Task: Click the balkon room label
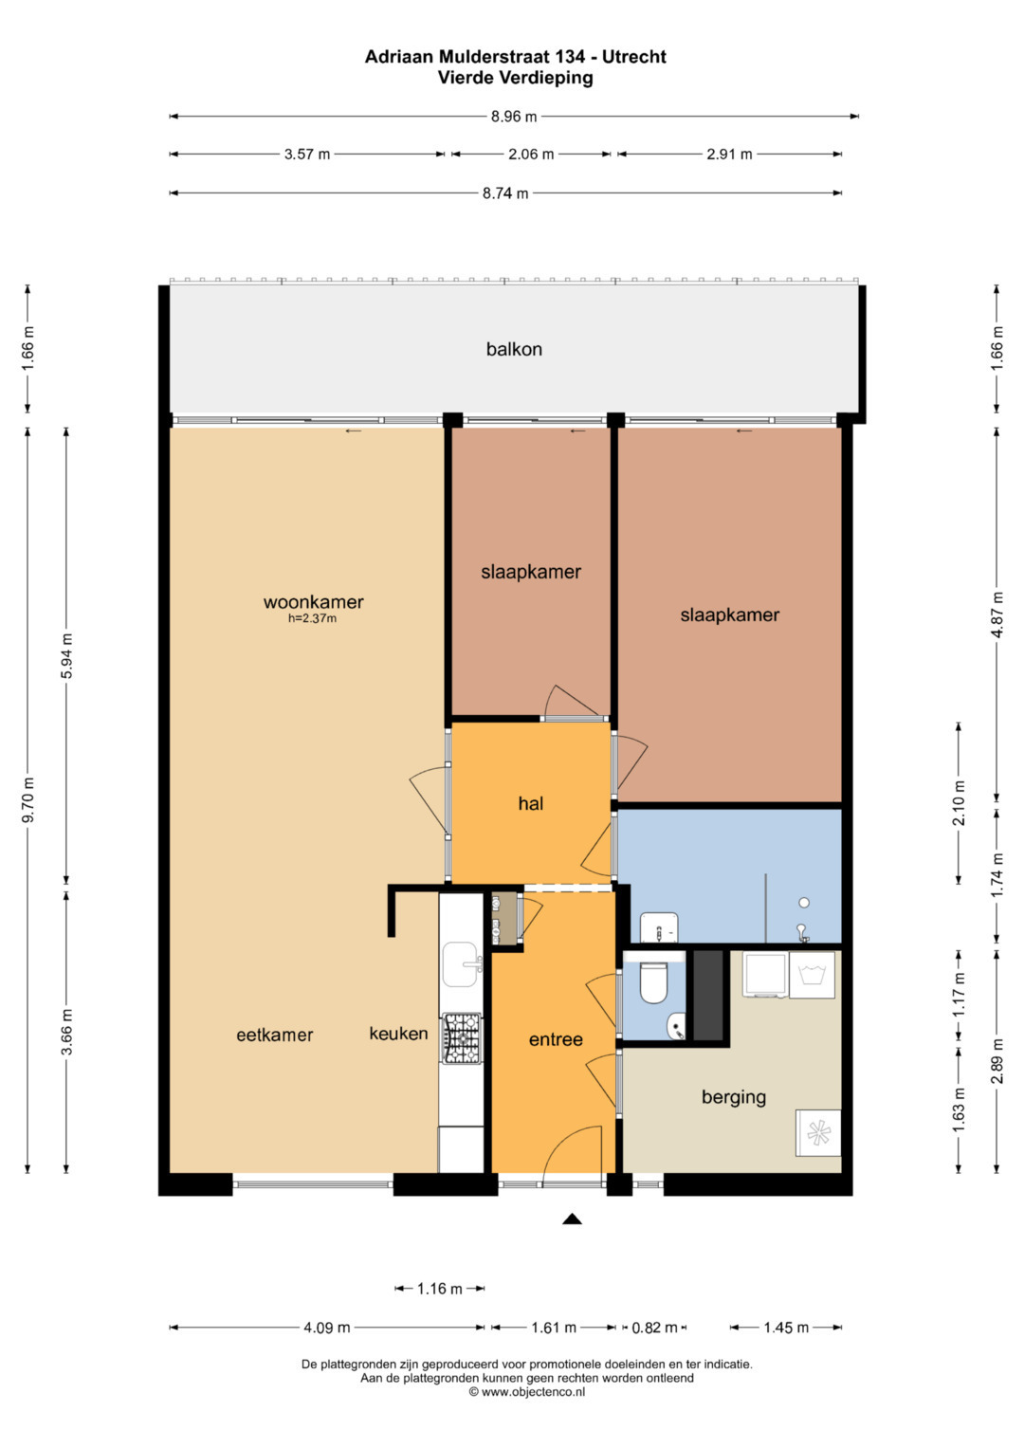[x=514, y=349]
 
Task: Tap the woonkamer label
[x=314, y=602]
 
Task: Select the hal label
[x=531, y=803]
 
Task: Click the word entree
[x=556, y=1039]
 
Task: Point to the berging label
[x=734, y=1097]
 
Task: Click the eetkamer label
[x=275, y=1035]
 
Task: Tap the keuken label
[x=398, y=1034]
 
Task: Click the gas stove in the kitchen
[x=462, y=1038]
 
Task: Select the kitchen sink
[x=462, y=964]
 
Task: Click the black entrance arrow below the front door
[x=572, y=1219]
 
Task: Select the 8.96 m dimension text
[x=514, y=117]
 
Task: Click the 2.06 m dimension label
[x=531, y=154]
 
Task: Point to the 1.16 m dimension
[x=440, y=1289]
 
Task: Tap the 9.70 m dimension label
[x=27, y=800]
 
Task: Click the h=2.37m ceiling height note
[x=312, y=618]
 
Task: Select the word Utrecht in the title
[x=634, y=57]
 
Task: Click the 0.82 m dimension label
[x=654, y=1328]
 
